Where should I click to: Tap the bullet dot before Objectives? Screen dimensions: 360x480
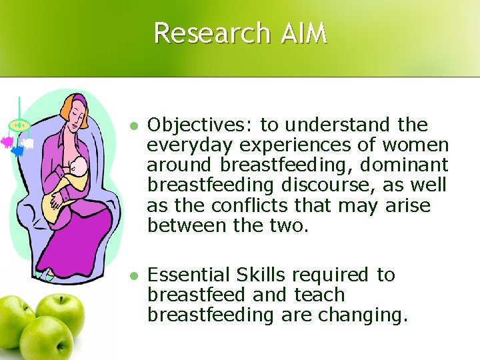(133, 126)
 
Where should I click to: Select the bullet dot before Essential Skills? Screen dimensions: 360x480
(133, 276)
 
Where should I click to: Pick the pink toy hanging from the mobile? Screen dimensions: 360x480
(7, 141)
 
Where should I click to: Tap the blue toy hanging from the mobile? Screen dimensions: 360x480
(17, 151)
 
